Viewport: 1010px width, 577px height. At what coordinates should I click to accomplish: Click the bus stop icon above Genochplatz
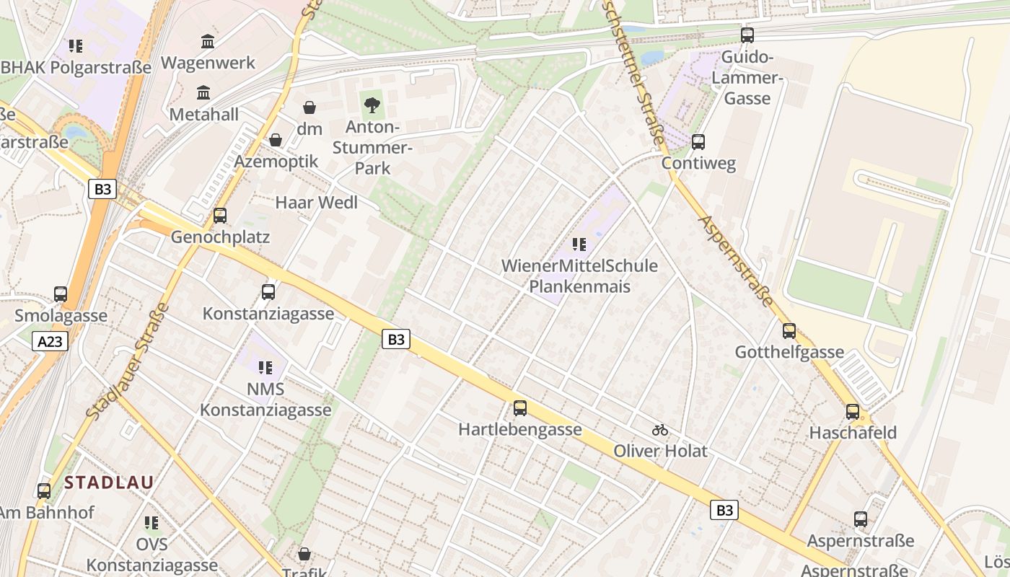(220, 215)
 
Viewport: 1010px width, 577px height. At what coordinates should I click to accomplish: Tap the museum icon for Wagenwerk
(208, 41)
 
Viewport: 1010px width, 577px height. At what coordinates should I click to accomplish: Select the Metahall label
(203, 114)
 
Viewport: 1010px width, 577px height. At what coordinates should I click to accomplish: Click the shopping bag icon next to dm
(309, 107)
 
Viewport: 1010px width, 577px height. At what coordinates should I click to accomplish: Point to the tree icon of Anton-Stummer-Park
(372, 106)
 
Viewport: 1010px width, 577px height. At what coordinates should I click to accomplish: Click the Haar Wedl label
(316, 203)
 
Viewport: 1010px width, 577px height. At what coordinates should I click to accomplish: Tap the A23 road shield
(50, 341)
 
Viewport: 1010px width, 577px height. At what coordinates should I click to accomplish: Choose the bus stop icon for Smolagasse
(61, 294)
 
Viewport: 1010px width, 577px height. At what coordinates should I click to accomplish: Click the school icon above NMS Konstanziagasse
(265, 368)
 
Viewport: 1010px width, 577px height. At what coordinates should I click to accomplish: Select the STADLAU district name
(109, 483)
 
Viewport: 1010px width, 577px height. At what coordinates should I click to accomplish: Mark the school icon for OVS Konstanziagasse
(151, 522)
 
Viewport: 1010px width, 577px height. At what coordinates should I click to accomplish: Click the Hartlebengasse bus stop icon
(519, 408)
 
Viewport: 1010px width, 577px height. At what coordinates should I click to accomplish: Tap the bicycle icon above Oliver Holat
(659, 430)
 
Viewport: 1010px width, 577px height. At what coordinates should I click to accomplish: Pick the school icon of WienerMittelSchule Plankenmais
(579, 245)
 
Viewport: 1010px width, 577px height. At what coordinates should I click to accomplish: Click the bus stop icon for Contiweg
(698, 141)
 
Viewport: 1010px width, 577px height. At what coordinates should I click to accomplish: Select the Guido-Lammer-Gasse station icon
(747, 35)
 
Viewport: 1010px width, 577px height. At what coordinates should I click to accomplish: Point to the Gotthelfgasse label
(789, 352)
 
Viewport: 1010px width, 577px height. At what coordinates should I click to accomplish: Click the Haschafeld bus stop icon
(853, 412)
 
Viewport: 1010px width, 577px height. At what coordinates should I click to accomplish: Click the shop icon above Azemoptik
(275, 140)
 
